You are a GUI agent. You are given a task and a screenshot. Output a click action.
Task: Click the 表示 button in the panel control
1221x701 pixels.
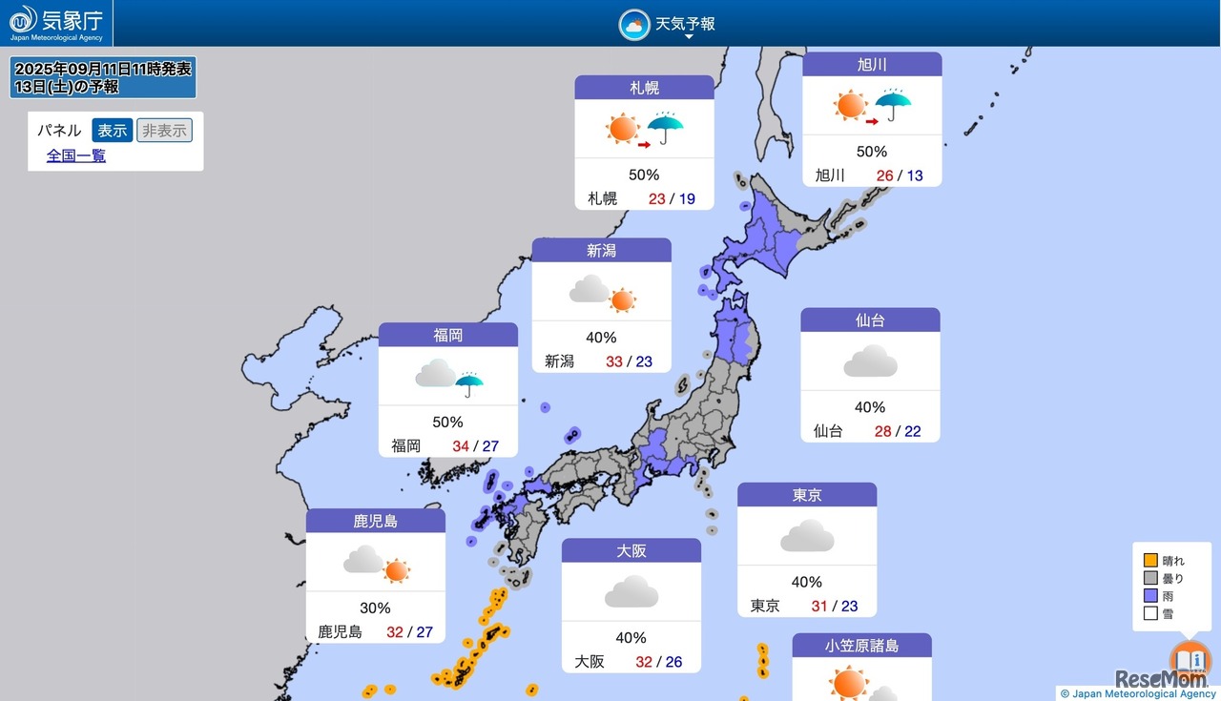(112, 131)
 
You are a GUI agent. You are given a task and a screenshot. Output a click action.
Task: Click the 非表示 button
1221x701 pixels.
(164, 131)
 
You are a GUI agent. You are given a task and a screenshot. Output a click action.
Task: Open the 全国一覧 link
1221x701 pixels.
(76, 155)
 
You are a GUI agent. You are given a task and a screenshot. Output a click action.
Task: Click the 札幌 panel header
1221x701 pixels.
(644, 88)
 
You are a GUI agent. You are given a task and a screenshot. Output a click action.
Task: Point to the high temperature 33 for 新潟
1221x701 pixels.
(614, 361)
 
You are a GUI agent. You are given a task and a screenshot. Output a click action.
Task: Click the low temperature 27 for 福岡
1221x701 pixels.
(490, 445)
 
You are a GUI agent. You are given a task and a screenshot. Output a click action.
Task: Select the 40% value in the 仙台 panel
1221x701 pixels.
(869, 407)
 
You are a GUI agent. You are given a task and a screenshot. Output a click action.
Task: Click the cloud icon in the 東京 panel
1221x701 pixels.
(807, 537)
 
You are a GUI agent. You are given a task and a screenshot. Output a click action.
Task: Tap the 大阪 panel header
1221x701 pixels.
(631, 551)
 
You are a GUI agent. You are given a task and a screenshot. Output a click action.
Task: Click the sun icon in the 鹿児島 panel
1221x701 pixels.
(397, 570)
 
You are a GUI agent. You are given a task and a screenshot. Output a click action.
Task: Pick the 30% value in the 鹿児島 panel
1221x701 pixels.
(375, 608)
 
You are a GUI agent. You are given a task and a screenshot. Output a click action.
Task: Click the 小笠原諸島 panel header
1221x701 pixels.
(861, 646)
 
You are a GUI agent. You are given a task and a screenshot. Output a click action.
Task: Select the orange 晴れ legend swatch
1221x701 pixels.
(1150, 561)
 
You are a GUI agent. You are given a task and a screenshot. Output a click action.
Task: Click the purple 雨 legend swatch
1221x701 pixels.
(1150, 596)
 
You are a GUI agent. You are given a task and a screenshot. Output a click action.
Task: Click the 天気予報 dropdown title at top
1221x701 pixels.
(685, 24)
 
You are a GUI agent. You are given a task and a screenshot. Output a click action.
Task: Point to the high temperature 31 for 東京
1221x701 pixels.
(819, 606)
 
